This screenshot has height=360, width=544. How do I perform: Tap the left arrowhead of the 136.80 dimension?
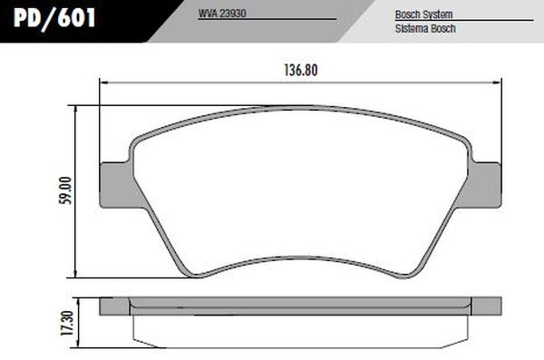[102, 83]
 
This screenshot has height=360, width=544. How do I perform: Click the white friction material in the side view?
[299, 326]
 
